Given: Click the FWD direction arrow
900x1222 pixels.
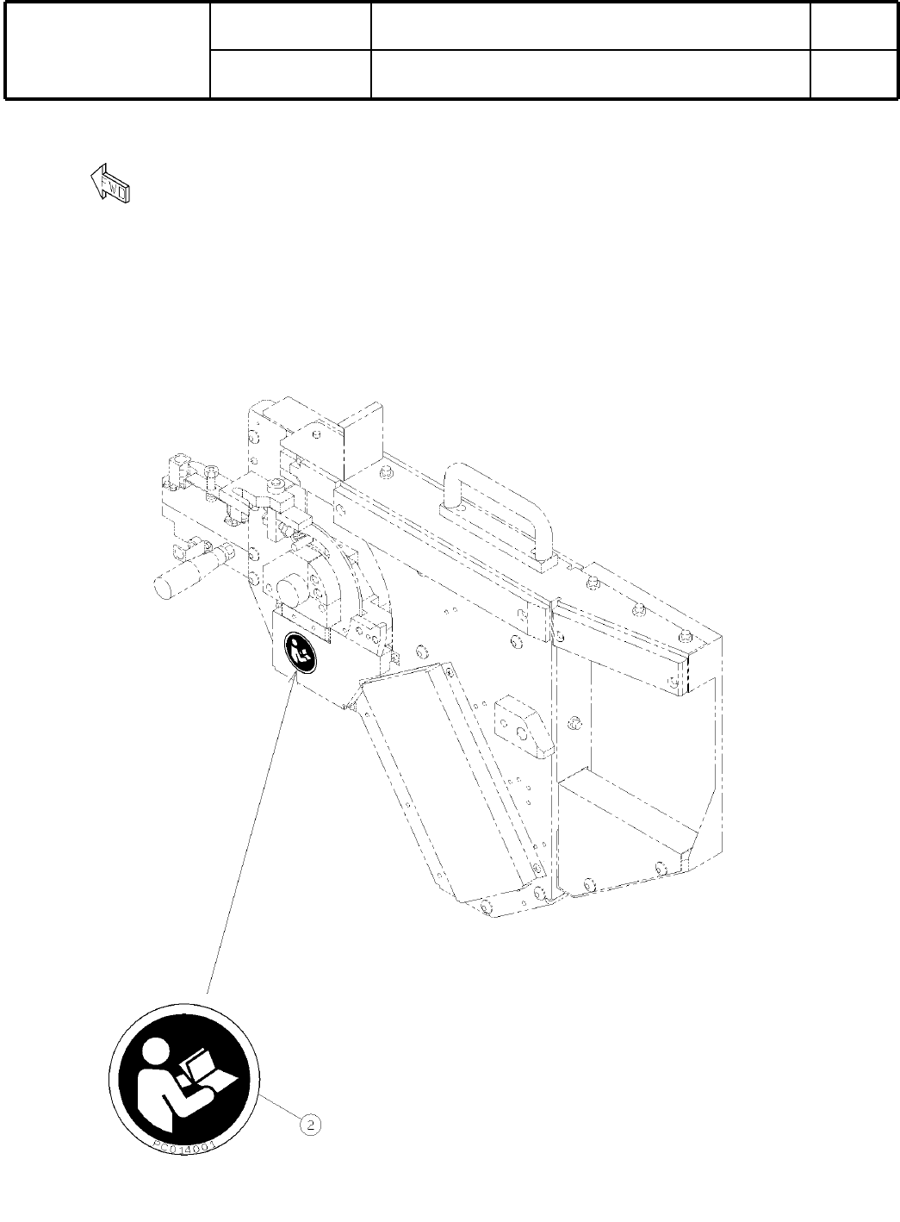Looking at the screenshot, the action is tap(110, 183).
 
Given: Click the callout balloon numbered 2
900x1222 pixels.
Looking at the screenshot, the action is tap(311, 1125).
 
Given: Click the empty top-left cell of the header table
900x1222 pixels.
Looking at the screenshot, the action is tap(108, 50).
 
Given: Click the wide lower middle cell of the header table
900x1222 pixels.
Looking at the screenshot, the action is tap(591, 74).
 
